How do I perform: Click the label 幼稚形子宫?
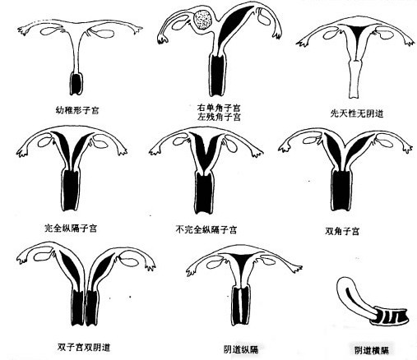point(77,110)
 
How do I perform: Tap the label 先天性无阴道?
point(356,113)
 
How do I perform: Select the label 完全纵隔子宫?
point(71,228)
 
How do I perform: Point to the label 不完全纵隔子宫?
point(206,229)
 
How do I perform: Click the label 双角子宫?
point(342,231)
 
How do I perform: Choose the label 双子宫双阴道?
point(84,348)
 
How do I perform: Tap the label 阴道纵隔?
point(241,349)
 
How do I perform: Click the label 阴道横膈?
point(372,350)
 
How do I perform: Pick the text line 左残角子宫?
point(219,117)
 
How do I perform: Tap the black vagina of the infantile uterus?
point(76,84)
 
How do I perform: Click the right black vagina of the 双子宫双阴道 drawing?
point(92,307)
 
